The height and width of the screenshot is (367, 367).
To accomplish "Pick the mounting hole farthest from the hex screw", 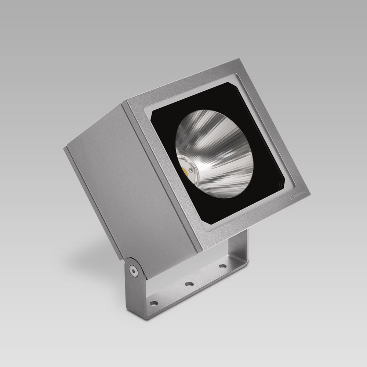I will click(222, 265).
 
